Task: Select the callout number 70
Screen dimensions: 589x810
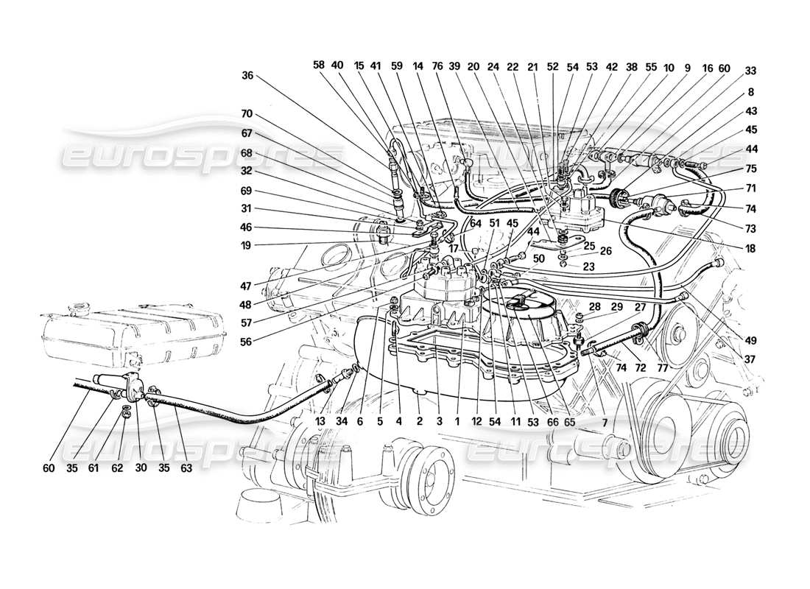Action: [247, 115]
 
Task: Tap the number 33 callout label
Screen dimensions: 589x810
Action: [750, 71]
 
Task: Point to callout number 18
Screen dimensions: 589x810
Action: [750, 250]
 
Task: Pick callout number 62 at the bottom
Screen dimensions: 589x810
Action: [118, 468]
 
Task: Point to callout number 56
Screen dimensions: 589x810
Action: [247, 342]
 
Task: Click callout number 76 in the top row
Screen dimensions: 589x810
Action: [437, 65]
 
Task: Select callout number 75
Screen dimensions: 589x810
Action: [750, 169]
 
